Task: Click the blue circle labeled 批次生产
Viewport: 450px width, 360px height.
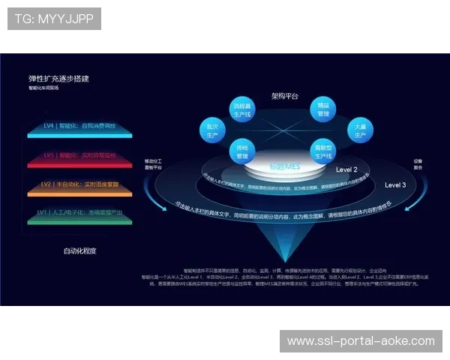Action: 213,128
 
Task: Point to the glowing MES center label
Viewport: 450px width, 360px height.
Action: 284,166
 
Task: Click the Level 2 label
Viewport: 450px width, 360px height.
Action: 346,169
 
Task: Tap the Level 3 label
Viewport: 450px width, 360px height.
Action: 395,184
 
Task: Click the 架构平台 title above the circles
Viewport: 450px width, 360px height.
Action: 284,96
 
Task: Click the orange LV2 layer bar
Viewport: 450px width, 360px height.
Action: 79,186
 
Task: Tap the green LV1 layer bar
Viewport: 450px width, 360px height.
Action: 79,214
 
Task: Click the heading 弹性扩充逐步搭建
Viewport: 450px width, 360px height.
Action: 64,78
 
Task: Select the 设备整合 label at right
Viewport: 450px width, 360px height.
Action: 418,164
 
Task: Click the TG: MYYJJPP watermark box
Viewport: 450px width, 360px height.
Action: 54,18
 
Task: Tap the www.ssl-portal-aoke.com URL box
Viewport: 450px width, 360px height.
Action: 361,341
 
